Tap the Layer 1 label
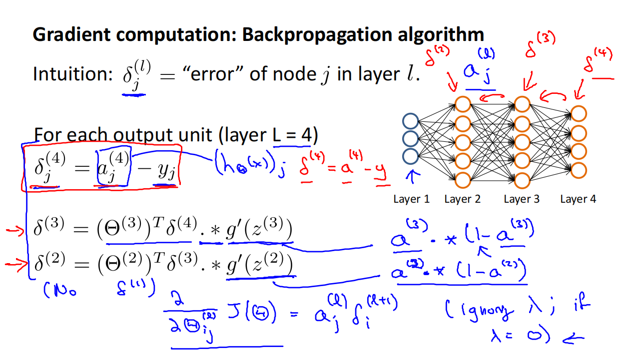[x=411, y=199]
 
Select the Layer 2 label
[x=462, y=199]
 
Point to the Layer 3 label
[x=522, y=199]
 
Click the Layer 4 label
[x=578, y=199]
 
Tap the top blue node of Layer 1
[x=410, y=121]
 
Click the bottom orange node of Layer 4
[x=579, y=169]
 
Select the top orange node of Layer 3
[x=522, y=104]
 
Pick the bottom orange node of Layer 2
[x=463, y=180]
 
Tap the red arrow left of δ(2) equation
[x=15, y=265]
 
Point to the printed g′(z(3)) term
[x=258, y=230]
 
